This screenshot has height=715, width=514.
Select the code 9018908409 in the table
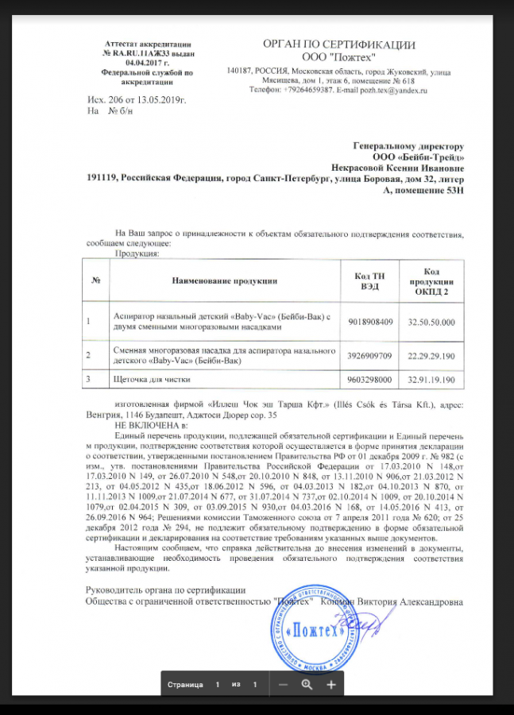pyautogui.click(x=371, y=322)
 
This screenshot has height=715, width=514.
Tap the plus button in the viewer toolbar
pyautogui.click(x=331, y=684)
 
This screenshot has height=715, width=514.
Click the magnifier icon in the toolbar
pyautogui.click(x=307, y=684)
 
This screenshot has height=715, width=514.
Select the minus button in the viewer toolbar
pyautogui.click(x=283, y=684)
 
